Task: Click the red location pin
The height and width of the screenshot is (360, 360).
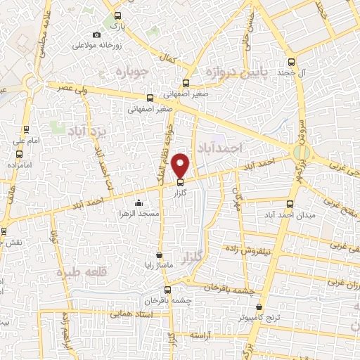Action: pyautogui.click(x=181, y=165)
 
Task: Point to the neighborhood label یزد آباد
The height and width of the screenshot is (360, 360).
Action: pyautogui.click(x=85, y=130)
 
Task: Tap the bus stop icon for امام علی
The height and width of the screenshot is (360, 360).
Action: pyautogui.click(x=26, y=129)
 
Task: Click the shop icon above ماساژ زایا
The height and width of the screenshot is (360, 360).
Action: pyautogui.click(x=160, y=255)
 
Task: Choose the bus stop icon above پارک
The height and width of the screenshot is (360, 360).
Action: pyautogui.click(x=118, y=15)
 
